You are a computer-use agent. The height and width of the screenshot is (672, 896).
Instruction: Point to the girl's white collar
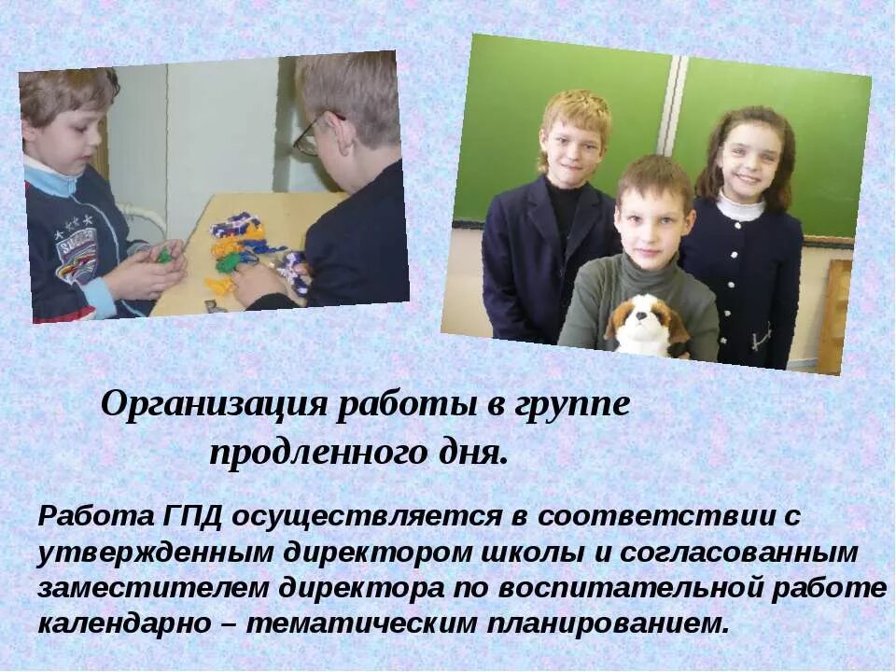point(739,207)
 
